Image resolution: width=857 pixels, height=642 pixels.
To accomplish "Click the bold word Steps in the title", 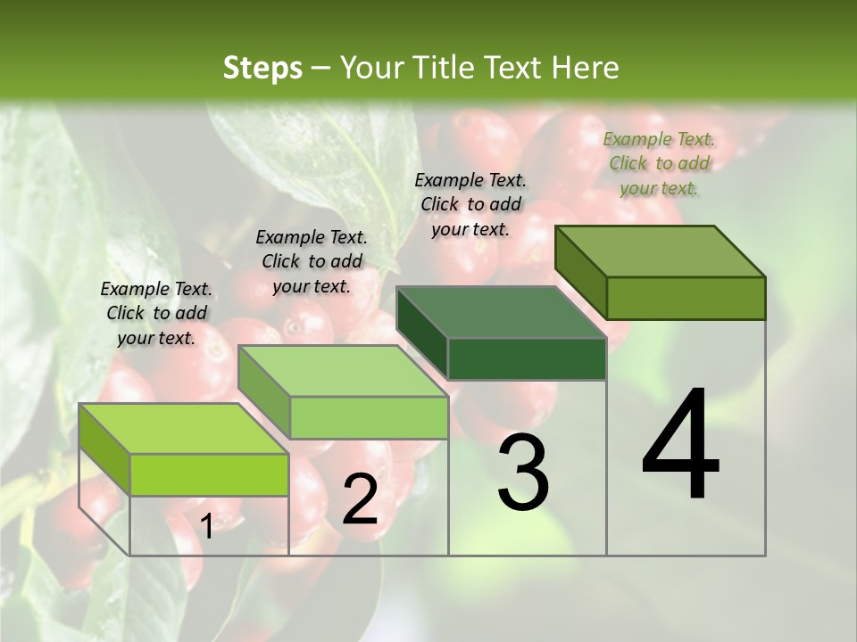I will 262,68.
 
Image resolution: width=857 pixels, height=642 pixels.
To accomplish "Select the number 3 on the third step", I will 523,473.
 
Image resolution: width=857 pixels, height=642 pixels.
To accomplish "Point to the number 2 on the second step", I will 360,499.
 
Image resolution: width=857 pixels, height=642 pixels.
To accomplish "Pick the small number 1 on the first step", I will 206,527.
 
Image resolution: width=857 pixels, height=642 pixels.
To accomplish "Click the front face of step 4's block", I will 686,298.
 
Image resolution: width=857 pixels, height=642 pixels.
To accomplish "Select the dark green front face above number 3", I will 527,358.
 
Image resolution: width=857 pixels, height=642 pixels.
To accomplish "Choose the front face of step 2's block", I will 369,417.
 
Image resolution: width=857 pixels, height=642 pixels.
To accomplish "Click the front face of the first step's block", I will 209,474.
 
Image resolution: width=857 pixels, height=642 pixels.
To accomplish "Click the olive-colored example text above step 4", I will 659,163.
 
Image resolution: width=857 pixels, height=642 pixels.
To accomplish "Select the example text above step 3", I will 470,204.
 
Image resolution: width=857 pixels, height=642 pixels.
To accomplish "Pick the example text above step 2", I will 312,261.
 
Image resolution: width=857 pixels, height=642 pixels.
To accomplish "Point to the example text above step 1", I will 156,313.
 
